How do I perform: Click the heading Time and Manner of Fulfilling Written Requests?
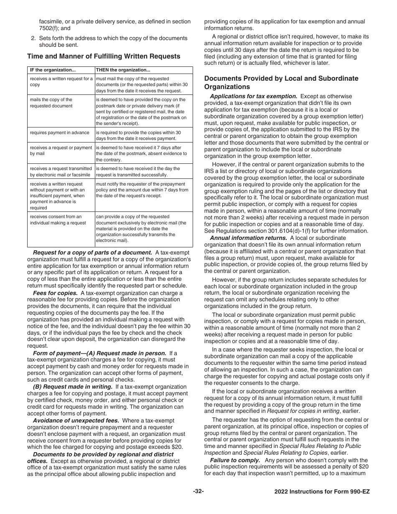tap(104, 56)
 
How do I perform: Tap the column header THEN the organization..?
tap(123, 70)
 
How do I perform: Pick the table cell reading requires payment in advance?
tap(59, 132)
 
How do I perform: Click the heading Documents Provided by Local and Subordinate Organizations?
tap(281, 82)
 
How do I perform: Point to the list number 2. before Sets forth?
tap(33, 38)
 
